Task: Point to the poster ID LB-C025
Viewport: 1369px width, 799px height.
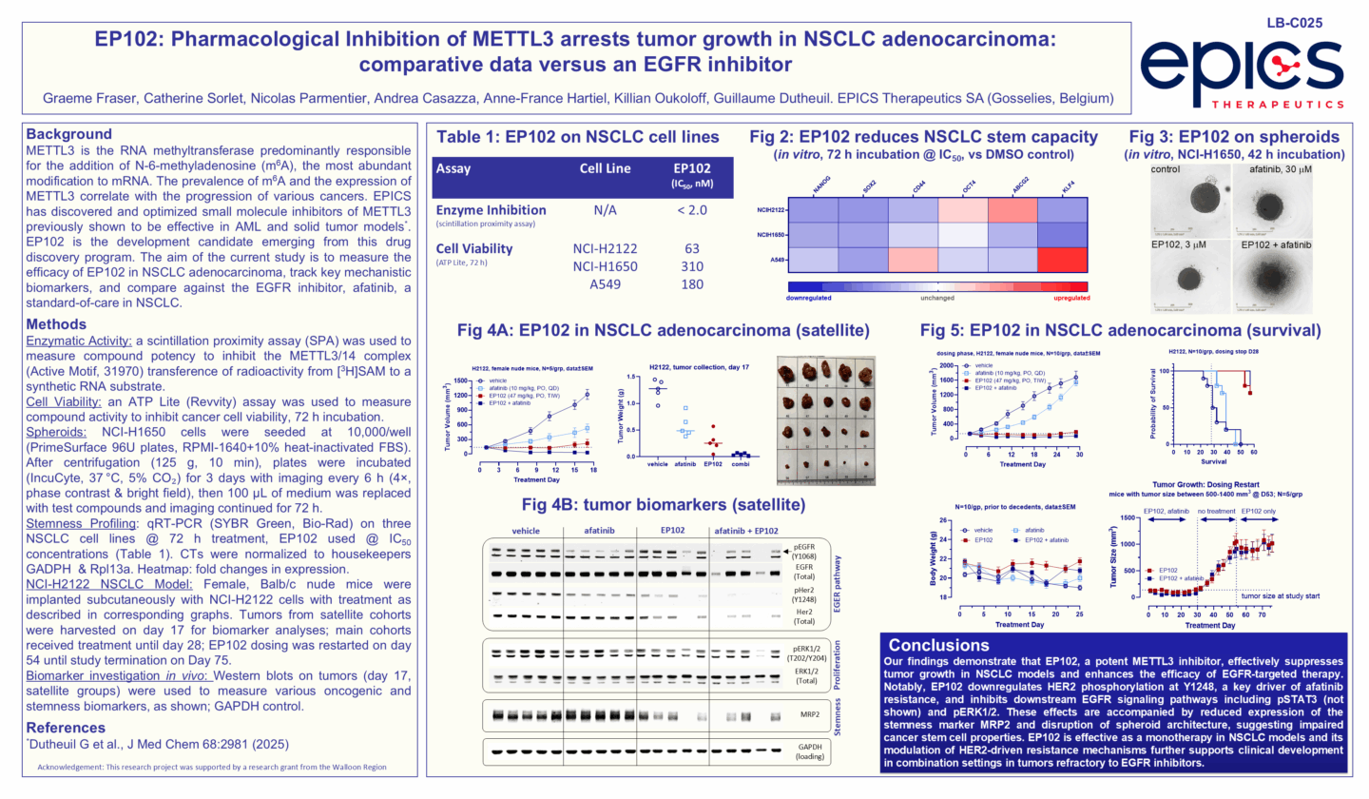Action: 1294,22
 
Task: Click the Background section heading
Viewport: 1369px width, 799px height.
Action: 68,134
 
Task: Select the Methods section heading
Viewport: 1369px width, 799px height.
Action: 57,324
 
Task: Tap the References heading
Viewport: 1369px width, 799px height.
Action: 67,727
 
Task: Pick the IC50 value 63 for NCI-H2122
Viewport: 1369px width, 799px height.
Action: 692,249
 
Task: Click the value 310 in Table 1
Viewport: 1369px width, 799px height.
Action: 692,266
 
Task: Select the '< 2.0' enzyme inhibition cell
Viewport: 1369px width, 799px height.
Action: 692,208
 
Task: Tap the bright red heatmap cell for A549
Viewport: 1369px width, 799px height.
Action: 1059,259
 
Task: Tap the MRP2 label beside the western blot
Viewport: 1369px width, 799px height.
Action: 804,712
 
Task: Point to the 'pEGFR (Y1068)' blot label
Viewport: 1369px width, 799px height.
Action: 805,553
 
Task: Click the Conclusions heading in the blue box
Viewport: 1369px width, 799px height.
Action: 939,643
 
